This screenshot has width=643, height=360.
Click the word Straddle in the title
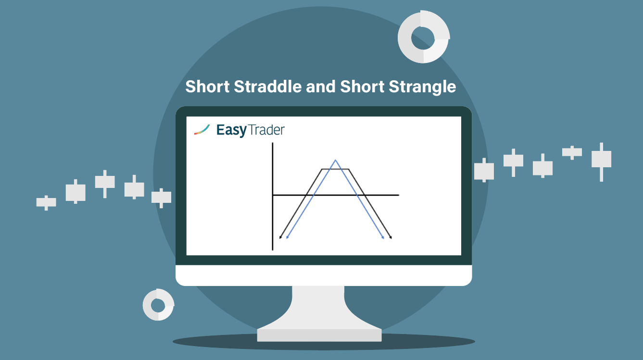coord(267,87)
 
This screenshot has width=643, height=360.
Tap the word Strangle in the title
coord(422,87)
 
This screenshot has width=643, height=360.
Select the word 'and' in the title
coord(321,87)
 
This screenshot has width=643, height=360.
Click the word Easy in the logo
coord(231,131)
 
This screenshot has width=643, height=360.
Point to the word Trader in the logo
coord(266,130)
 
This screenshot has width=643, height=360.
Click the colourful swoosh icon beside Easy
coord(202,130)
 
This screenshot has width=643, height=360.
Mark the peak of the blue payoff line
coord(335,160)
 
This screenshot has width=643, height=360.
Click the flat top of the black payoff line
coord(335,169)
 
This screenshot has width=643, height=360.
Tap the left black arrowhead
coord(280,237)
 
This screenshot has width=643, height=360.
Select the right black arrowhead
coord(391,237)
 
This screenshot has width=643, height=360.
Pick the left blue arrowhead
coord(287,237)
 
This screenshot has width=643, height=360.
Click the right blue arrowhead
coord(383,237)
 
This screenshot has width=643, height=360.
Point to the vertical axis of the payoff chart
coord(272,197)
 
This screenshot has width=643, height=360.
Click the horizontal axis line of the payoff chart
coord(336,195)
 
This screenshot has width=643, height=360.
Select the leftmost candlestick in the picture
coord(46,203)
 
